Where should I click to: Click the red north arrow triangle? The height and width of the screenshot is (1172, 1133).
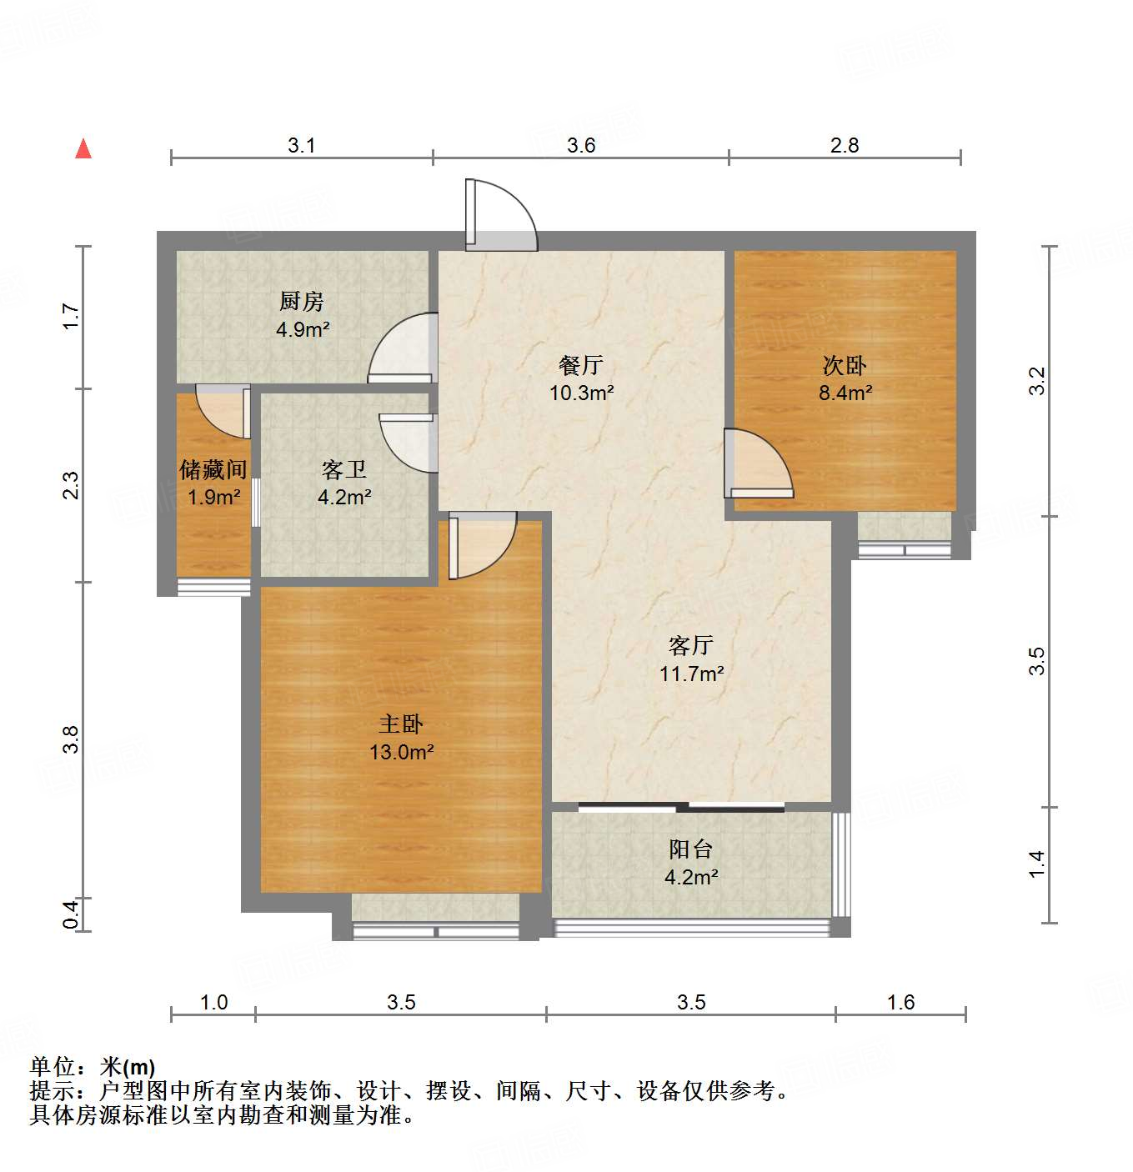pos(83,149)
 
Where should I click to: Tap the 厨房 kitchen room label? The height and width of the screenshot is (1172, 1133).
pos(302,301)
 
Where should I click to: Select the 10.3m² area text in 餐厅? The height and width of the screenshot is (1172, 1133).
pos(581,393)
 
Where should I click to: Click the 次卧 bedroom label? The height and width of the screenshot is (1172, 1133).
pos(845,365)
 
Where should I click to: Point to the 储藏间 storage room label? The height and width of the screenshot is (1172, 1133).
pos(213,470)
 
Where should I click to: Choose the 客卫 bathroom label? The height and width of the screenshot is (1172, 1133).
pos(344,470)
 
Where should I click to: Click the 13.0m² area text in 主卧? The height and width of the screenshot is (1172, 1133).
pos(401,752)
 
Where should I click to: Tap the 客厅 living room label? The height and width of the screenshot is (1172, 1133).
pos(690,645)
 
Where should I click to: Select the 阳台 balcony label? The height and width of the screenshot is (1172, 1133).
pos(691,849)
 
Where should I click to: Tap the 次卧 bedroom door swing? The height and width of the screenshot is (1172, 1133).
pos(757,463)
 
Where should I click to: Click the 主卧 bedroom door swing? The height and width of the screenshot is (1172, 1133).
pos(482,546)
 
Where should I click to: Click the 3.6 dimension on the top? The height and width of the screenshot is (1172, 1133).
pos(581,145)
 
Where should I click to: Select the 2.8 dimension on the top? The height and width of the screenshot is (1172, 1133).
pos(845,145)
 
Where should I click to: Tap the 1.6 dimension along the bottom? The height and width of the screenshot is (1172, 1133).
pos(900,1002)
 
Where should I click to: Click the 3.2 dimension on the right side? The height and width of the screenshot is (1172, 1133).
pos(1036,381)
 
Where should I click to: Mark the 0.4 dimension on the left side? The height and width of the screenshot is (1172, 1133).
pos(72,914)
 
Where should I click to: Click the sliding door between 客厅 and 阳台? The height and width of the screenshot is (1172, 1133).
pos(681,806)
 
